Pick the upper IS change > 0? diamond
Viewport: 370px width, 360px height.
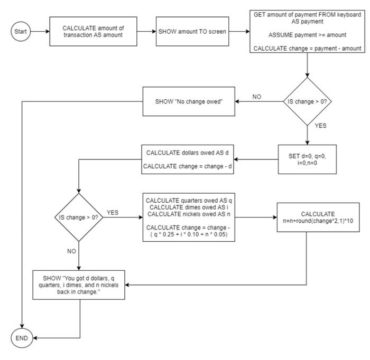pos(307,102)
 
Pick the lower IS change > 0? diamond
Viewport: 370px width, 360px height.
pos(79,217)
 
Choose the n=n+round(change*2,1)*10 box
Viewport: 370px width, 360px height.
pos(318,217)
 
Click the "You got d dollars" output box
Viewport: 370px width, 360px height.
pos(79,286)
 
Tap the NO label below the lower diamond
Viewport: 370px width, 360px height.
pos(72,252)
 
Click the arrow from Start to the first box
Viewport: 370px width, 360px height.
pos(39,32)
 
